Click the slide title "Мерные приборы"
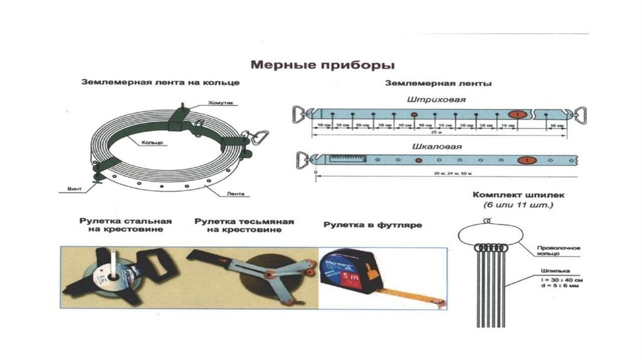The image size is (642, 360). (323, 65)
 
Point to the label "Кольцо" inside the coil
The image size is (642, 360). (152, 143)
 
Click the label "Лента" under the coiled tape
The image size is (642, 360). (236, 194)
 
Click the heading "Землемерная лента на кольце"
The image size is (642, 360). (160, 82)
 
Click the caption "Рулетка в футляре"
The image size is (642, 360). (372, 225)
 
